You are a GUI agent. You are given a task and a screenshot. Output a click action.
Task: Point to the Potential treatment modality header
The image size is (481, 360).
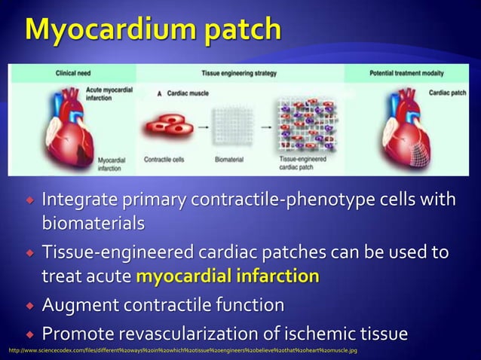coord(406,73)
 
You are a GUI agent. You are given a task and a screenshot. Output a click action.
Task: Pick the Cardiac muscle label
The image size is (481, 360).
coord(185,93)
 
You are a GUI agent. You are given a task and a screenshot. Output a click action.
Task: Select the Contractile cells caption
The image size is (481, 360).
coord(165,160)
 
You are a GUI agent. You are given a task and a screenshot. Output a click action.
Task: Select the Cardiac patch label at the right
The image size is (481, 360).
coord(447,93)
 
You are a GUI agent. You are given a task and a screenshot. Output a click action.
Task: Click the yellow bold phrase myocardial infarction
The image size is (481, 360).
coord(227,276)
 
